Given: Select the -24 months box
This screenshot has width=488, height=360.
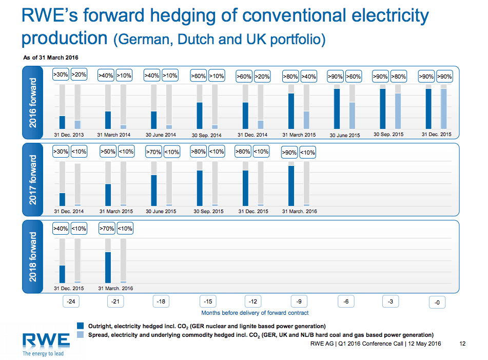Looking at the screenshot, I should point(71,301).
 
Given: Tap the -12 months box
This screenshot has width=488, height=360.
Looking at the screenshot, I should point(252,301).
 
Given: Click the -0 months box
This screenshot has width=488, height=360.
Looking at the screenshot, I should point(437,302).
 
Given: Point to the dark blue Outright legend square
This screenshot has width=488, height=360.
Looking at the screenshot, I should point(80,326).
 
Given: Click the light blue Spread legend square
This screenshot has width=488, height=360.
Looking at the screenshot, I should point(80,335).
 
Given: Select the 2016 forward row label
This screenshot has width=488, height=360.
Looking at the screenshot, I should point(33,103).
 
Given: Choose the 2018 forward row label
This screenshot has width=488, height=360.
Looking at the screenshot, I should point(33,256).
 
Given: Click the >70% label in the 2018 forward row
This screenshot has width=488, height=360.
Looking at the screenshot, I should point(107,229).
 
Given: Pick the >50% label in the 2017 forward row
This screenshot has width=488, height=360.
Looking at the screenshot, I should point(107,151).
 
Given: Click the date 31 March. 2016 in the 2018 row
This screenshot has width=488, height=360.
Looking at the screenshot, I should point(115,289).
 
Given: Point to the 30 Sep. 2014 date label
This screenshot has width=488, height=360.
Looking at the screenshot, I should point(207,136).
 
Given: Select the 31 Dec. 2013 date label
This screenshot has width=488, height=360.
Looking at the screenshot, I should point(69,135).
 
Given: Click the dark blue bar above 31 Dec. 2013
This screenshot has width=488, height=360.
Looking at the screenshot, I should point(63,122).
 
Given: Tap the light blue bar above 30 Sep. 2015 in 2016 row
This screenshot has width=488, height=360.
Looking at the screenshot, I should point(398,111).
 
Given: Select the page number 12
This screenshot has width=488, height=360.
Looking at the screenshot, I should point(463,344).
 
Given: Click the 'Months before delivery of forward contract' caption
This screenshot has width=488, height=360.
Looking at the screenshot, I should point(255,312).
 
